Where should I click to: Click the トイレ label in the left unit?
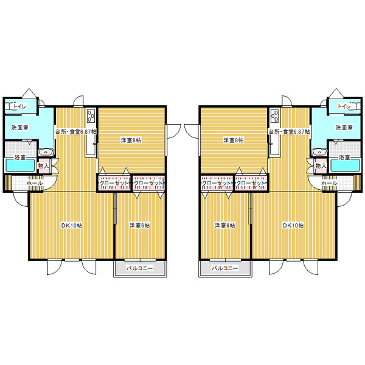point(20,106)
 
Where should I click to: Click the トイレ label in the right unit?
point(344,106)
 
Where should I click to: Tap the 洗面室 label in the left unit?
point(20,128)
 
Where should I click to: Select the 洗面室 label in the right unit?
point(344,128)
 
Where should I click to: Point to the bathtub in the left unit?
point(20,165)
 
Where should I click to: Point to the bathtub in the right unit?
point(345,165)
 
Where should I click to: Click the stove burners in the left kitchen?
point(91,116)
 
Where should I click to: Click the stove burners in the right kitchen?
point(275,116)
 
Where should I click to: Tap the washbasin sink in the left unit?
point(46,152)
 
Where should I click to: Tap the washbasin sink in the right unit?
point(319,152)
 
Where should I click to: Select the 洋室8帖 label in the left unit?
point(131,140)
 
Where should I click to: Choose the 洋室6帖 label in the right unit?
point(225,225)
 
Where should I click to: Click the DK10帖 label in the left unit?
point(71,225)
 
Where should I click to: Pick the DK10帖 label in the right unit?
point(293,225)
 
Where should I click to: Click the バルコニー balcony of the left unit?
point(140,268)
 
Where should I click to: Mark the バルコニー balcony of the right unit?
point(225,268)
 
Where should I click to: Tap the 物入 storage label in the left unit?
point(44,166)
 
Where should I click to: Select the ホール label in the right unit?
point(329,183)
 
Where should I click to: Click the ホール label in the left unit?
point(35,183)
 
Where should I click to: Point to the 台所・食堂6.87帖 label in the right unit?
point(289,132)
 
